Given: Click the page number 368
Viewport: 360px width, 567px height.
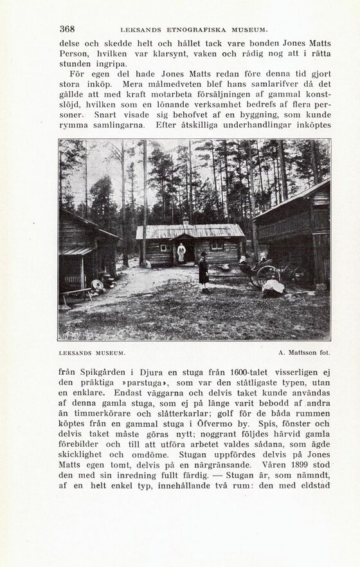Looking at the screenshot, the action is click(67, 29).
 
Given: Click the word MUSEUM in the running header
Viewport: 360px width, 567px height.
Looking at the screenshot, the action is click(248, 30).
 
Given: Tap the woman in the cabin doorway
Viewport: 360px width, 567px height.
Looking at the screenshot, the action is click(182, 253).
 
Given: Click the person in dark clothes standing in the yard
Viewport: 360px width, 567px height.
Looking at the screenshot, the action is click(204, 271).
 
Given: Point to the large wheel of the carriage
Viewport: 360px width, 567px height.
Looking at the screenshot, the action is click(267, 275).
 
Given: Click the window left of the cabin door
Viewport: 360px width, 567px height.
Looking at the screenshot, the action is click(164, 247).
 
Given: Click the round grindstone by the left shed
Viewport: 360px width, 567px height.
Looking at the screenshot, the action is click(98, 285).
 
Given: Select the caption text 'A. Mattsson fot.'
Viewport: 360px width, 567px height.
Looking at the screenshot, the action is click(304, 353).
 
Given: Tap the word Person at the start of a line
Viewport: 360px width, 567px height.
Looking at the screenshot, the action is click(74, 53).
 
